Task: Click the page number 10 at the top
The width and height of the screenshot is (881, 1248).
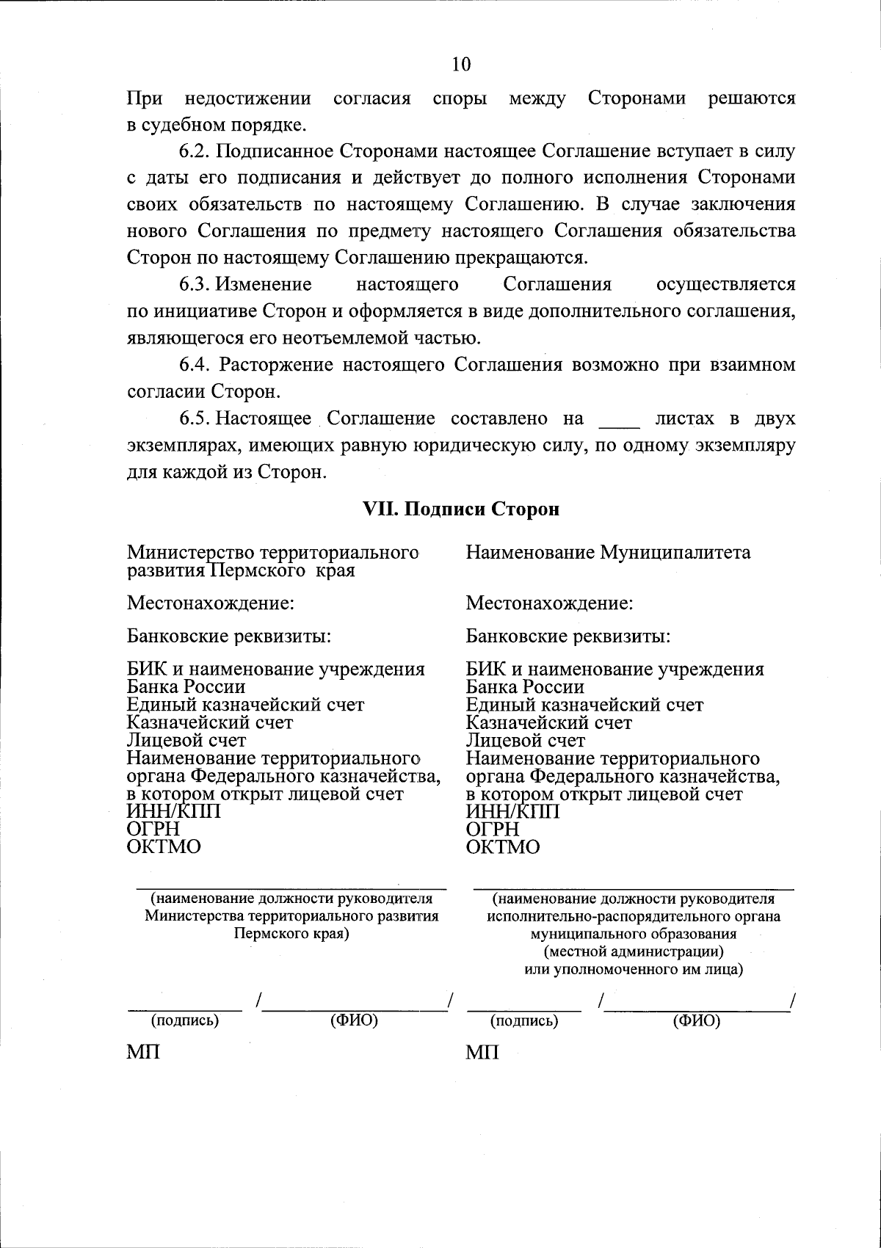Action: click(x=461, y=65)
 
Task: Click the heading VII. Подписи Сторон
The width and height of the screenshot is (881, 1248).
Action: click(x=462, y=509)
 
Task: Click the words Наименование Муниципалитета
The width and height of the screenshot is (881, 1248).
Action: click(x=608, y=553)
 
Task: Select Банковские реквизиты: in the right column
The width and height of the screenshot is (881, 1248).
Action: click(x=568, y=636)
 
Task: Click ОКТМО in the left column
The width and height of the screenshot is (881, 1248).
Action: click(x=164, y=847)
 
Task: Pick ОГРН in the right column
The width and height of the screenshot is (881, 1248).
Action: click(x=493, y=830)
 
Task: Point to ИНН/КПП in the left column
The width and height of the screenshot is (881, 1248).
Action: click(x=173, y=812)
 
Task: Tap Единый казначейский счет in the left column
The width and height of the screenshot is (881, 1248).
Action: click(x=245, y=705)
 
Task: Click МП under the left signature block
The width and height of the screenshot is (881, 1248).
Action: click(x=143, y=1053)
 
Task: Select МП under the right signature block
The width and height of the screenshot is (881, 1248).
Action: click(x=482, y=1053)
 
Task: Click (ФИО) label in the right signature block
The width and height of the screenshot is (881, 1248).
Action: click(x=696, y=1021)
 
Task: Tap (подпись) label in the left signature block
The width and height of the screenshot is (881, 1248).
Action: click(x=185, y=1021)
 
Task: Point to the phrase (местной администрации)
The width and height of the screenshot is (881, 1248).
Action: click(x=633, y=952)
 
